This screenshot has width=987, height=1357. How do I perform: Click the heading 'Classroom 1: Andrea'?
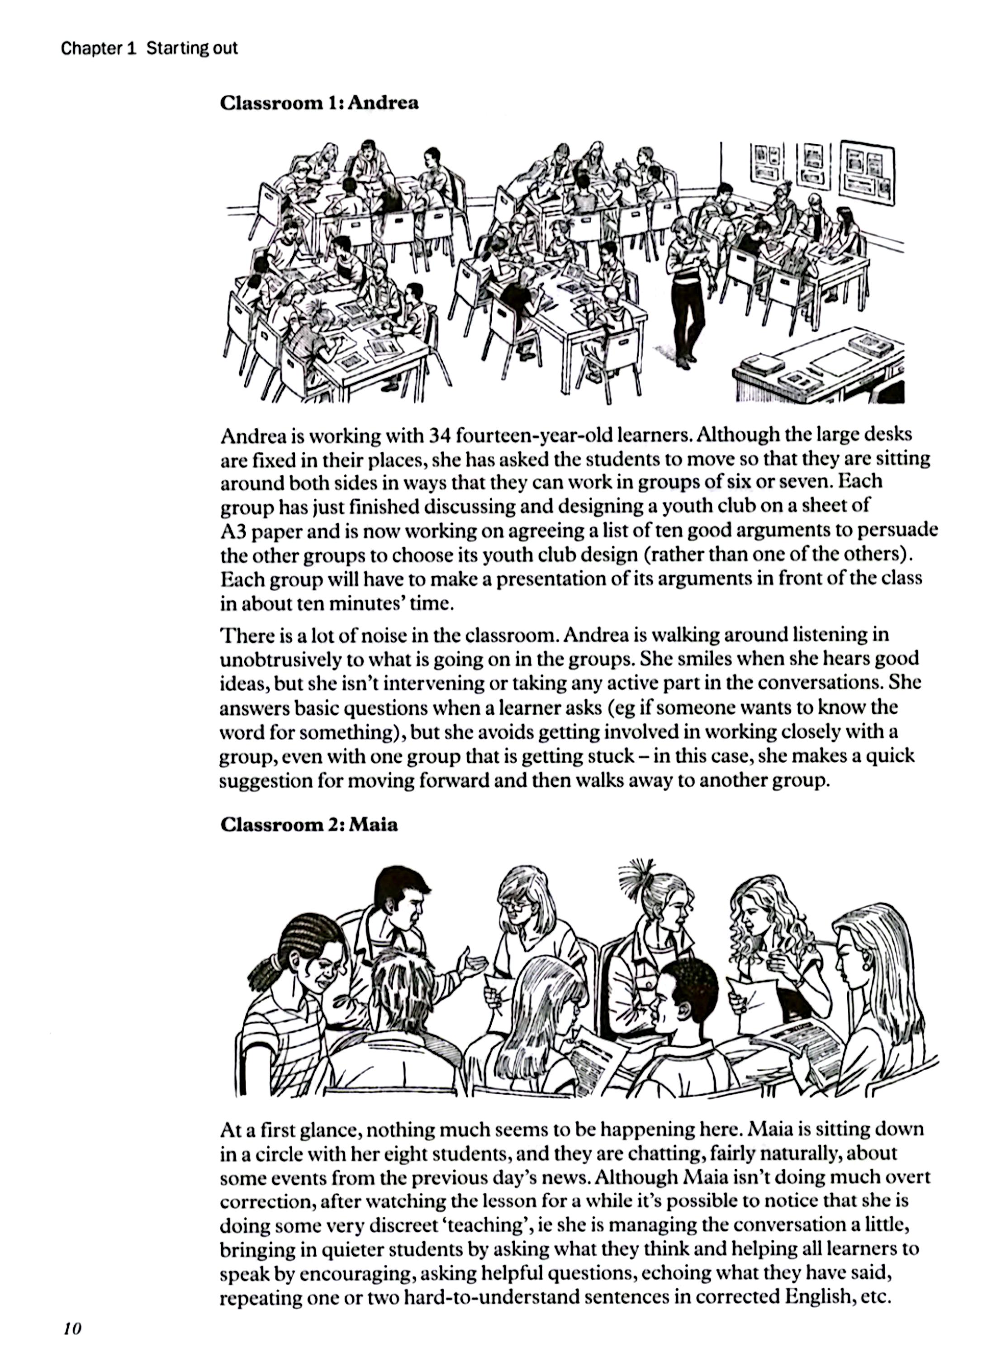click(319, 103)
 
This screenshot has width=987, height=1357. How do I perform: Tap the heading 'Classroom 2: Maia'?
click(308, 825)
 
